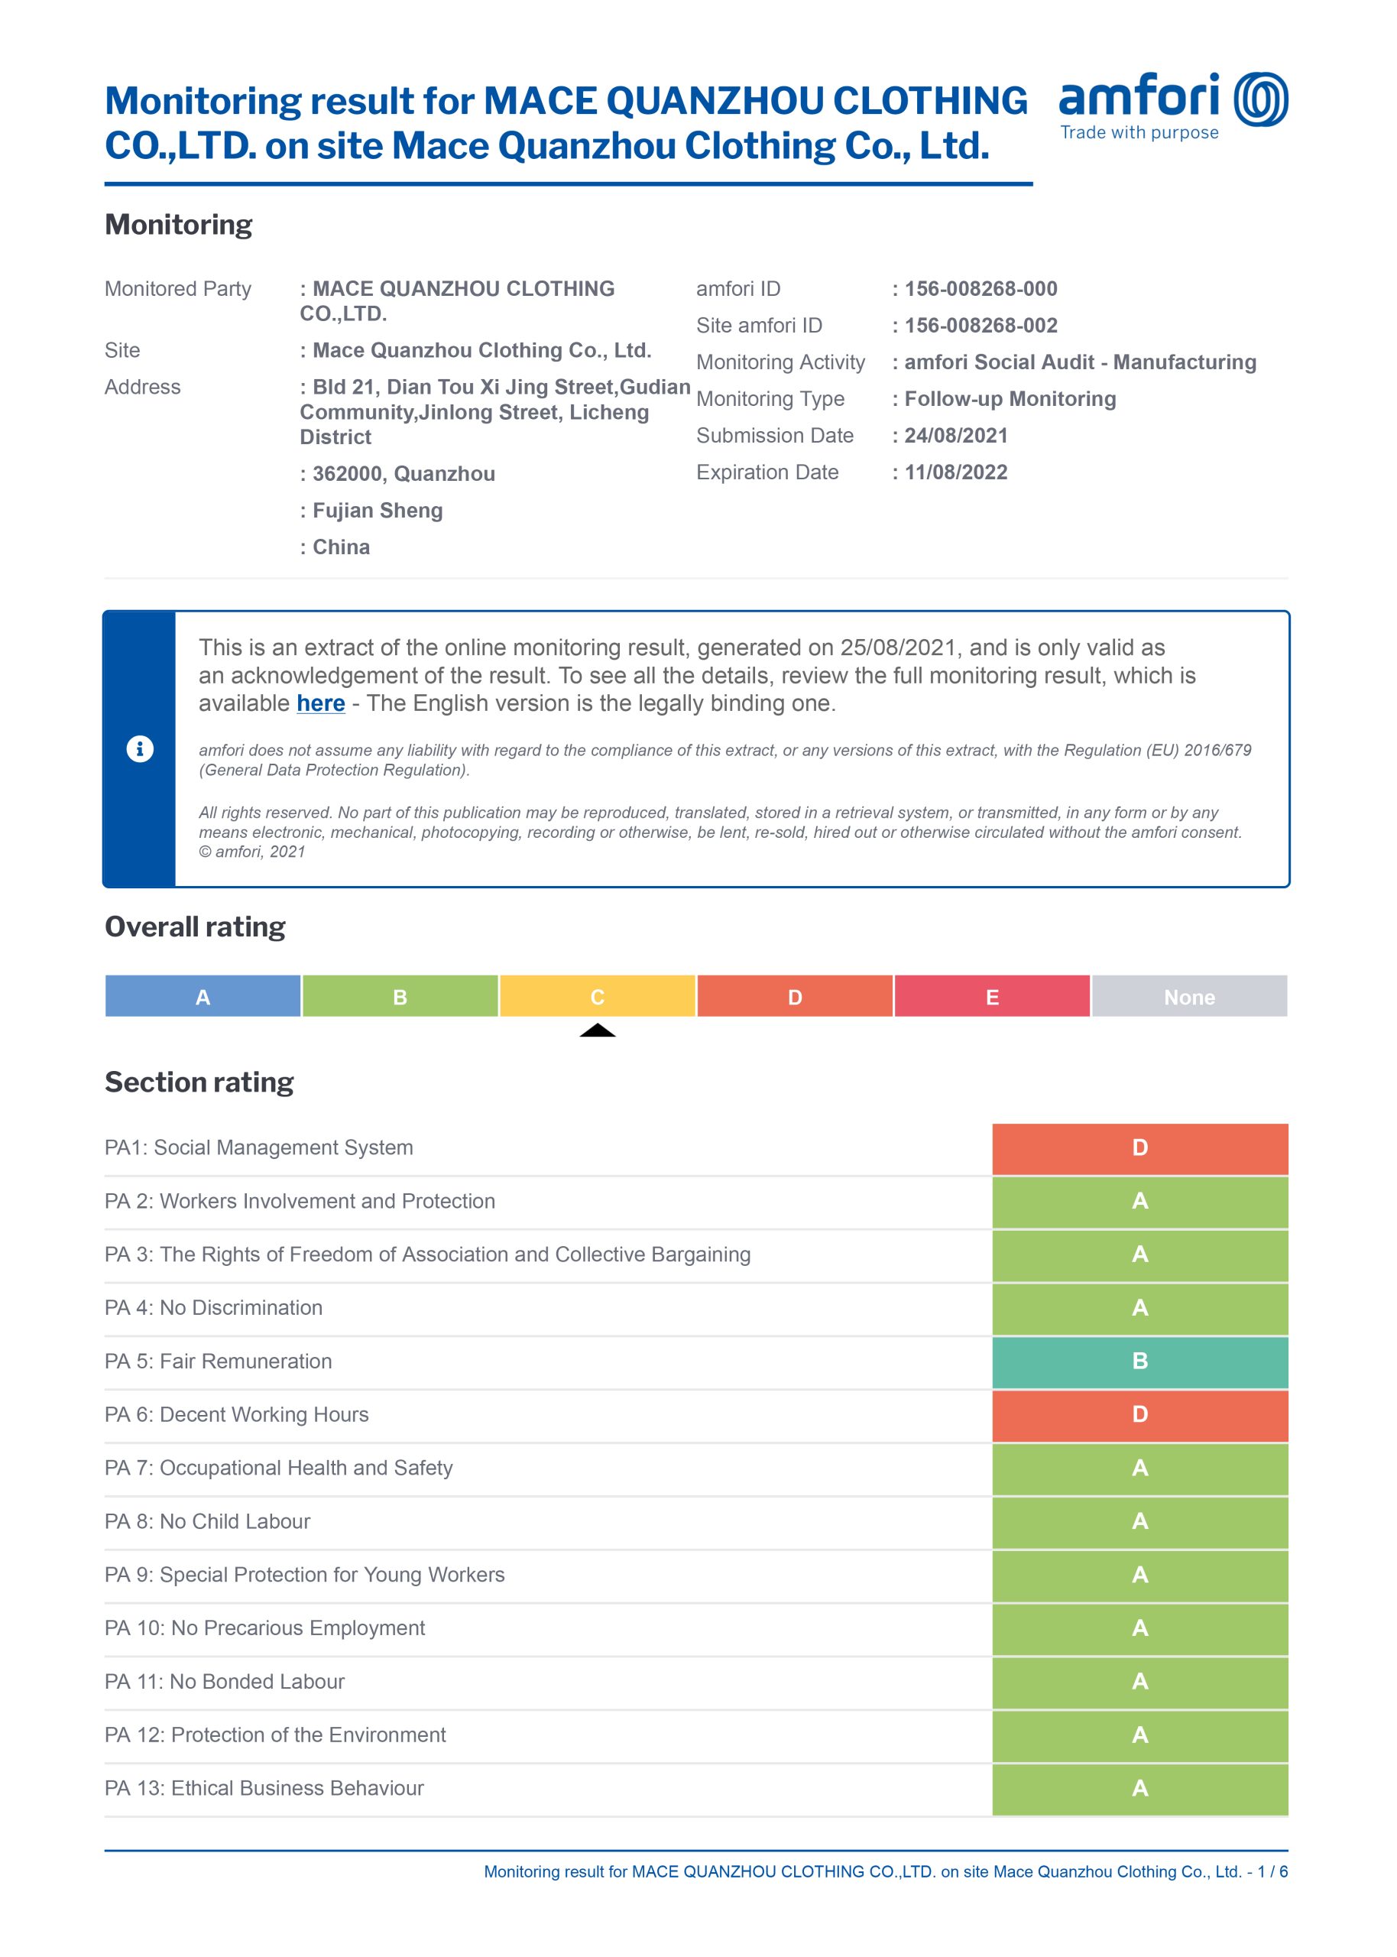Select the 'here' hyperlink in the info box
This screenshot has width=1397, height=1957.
tap(321, 703)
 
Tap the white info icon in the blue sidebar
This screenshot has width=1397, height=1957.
tap(140, 748)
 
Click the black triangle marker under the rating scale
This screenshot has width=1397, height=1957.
tap(597, 1030)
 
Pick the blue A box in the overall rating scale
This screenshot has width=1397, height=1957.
tap(203, 997)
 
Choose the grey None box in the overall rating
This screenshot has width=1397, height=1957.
tap(1189, 997)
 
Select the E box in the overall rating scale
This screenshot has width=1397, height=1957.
tap(992, 997)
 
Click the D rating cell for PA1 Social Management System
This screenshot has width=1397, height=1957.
tap(1139, 1148)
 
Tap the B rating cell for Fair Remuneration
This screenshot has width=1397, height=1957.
tap(1139, 1361)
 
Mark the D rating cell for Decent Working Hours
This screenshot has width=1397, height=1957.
tap(1139, 1415)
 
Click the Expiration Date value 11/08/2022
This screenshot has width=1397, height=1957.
tap(956, 472)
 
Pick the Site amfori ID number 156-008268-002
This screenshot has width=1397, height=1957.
tap(980, 326)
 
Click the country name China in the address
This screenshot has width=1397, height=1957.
tap(341, 547)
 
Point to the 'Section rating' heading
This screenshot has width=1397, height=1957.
tap(199, 1082)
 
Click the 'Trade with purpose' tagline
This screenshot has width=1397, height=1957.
tap(1139, 132)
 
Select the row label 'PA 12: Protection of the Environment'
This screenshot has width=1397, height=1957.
tap(275, 1735)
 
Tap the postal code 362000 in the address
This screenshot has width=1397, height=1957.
tap(348, 474)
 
